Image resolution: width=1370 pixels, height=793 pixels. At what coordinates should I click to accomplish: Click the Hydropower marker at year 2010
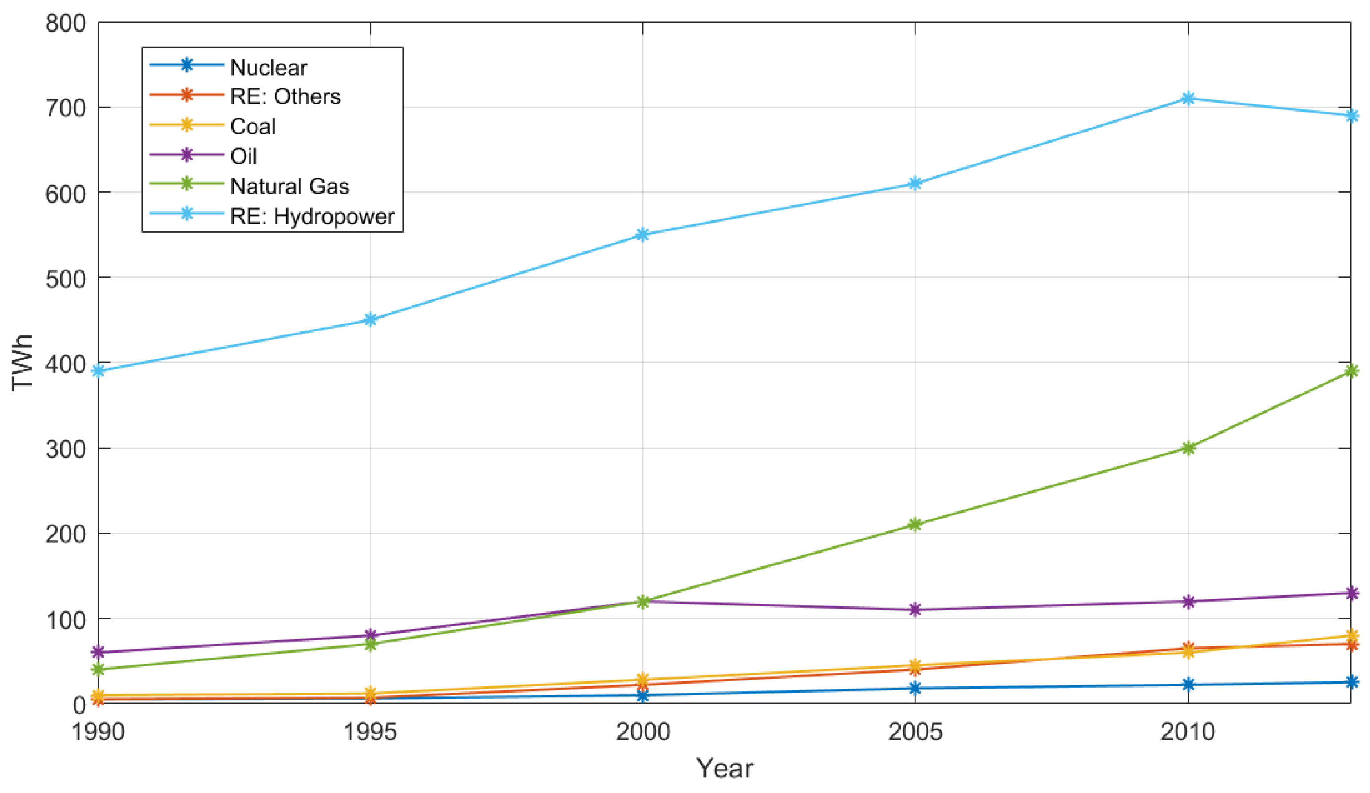click(1188, 99)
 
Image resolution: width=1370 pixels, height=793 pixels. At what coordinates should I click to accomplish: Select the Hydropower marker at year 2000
click(642, 235)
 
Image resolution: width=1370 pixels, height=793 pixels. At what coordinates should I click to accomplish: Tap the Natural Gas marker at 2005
click(915, 525)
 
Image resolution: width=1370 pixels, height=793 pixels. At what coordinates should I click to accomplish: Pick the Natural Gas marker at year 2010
click(1188, 448)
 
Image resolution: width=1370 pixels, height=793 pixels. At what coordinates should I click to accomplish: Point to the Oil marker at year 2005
click(915, 610)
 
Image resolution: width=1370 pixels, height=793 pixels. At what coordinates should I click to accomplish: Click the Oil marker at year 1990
click(99, 652)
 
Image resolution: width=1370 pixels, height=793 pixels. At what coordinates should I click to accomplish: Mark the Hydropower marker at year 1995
click(370, 320)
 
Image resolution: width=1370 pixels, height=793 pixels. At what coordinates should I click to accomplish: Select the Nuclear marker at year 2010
click(1188, 685)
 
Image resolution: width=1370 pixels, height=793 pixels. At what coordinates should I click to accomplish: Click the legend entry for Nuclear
click(268, 68)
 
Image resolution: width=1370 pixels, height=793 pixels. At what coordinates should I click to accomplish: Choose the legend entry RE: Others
click(285, 97)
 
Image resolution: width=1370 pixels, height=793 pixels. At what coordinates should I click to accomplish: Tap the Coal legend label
click(253, 126)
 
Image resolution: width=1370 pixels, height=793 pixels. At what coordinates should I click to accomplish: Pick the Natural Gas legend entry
click(289, 186)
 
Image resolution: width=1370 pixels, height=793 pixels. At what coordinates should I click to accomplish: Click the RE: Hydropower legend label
click(312, 216)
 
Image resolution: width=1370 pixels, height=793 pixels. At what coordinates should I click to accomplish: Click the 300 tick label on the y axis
click(66, 449)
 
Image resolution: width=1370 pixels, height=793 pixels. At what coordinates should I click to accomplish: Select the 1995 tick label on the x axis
click(370, 732)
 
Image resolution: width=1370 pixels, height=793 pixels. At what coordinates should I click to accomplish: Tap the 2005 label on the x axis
click(915, 732)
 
